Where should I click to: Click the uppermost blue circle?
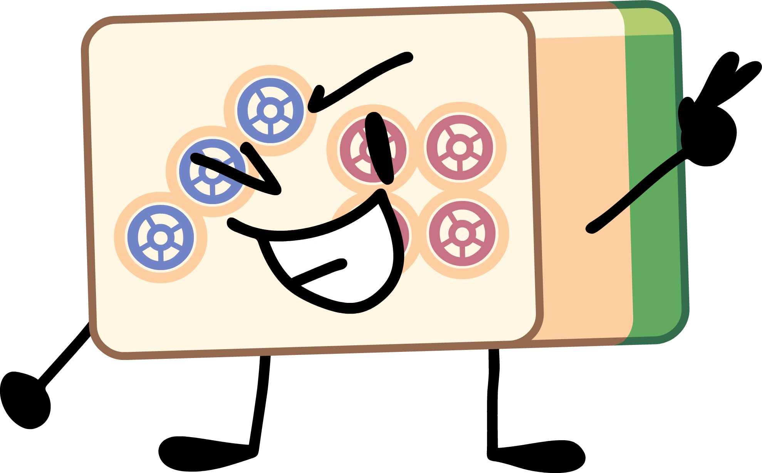click(x=270, y=110)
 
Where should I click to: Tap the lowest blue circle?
click(x=161, y=238)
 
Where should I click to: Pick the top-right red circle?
click(x=460, y=147)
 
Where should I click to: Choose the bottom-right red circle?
click(x=462, y=233)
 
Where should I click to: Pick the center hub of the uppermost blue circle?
click(x=270, y=111)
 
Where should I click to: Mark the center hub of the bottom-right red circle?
click(x=462, y=233)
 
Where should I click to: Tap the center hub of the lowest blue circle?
click(x=161, y=238)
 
